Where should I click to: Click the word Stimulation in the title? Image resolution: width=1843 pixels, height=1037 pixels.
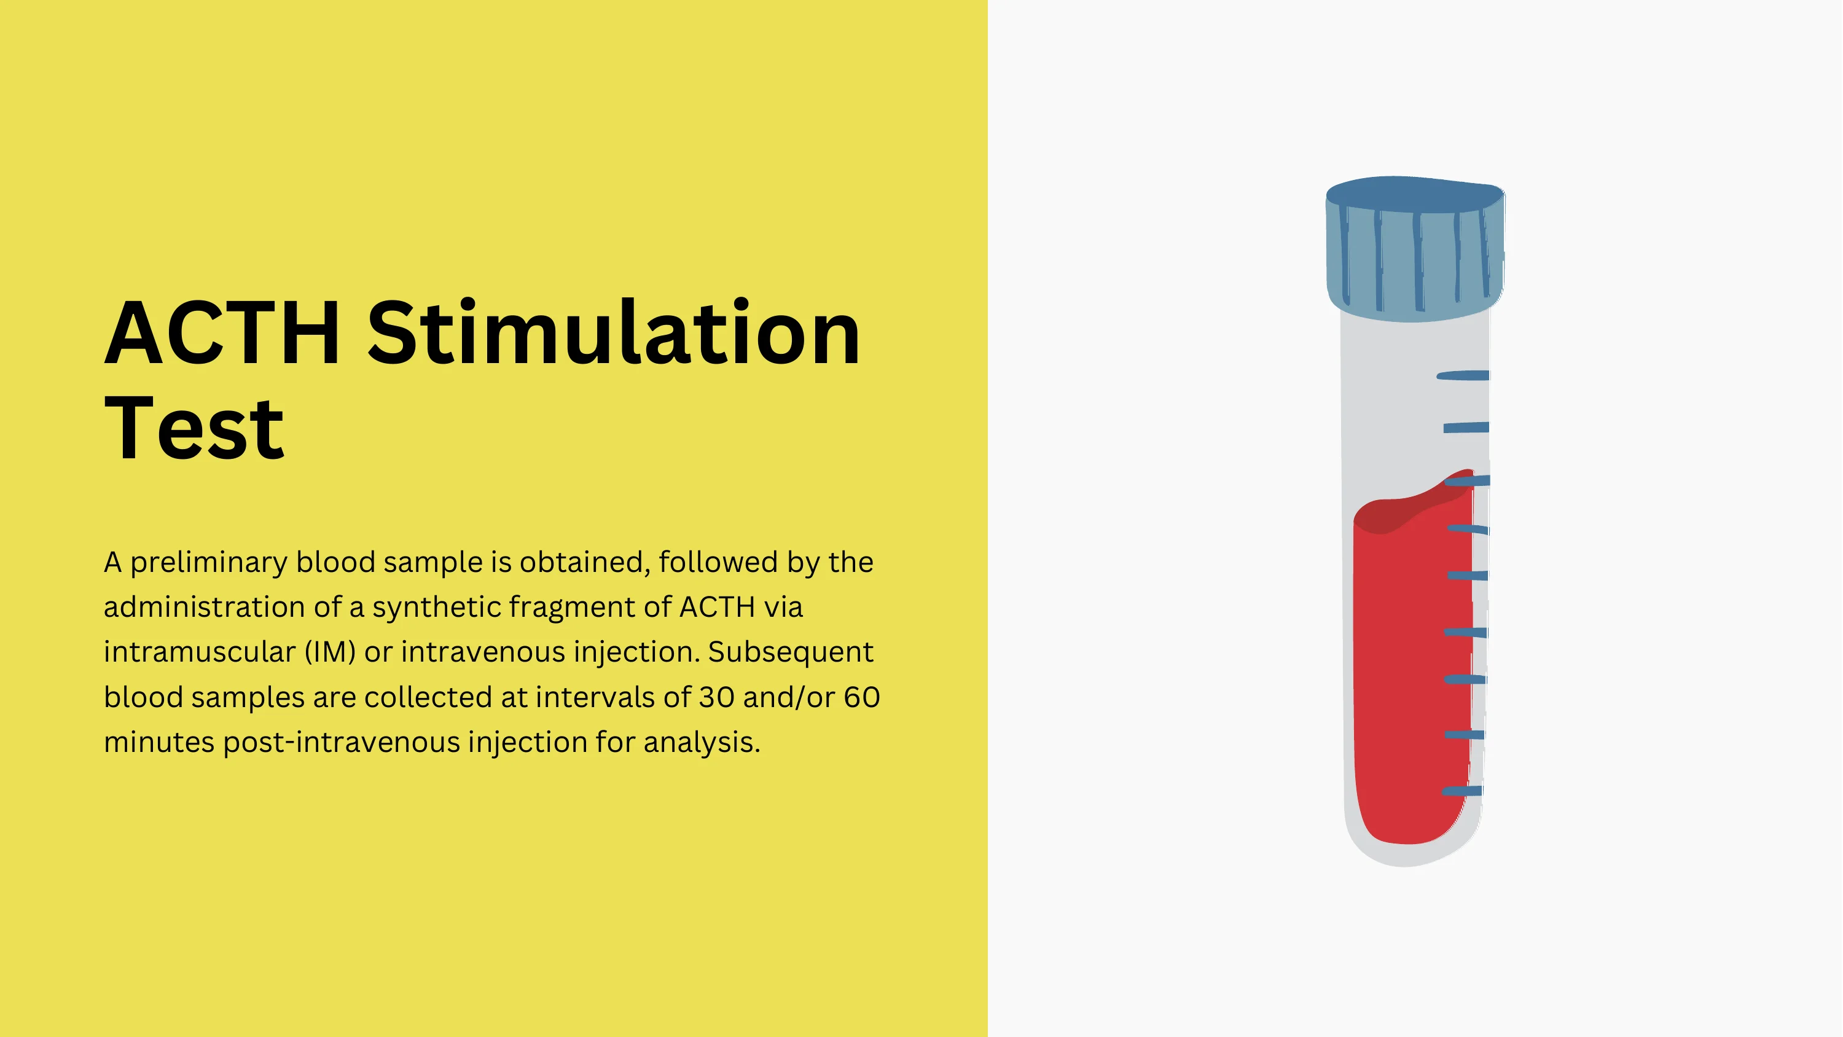pos(614,333)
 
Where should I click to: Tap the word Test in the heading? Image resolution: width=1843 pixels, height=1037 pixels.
pos(195,428)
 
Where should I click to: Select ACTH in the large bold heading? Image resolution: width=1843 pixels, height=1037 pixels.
pos(222,333)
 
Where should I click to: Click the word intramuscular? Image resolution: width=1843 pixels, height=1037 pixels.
pos(200,652)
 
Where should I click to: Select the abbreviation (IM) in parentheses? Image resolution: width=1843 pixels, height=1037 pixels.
pos(330,652)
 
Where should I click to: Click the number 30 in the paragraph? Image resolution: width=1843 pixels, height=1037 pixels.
pos(716,698)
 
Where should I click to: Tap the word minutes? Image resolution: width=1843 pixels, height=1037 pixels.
pos(160,742)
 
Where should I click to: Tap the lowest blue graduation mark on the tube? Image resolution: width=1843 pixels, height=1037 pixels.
pos(1461,791)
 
